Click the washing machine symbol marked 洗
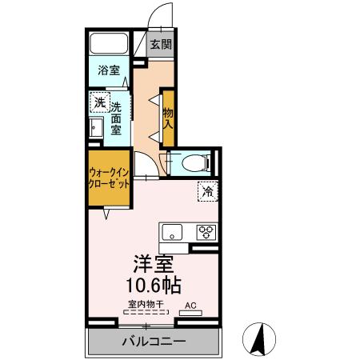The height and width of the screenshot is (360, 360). [x=99, y=103]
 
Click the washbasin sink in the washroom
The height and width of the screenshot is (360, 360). [x=98, y=127]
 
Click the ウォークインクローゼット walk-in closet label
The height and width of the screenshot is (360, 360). [x=109, y=177]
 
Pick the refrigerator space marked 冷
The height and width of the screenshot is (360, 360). [x=207, y=192]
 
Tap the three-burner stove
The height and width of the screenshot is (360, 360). [x=206, y=233]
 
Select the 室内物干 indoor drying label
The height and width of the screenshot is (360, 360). [x=144, y=305]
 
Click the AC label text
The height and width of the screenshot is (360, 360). [x=191, y=305]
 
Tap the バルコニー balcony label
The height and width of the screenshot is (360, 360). [x=154, y=342]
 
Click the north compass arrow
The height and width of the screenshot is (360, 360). [x=259, y=339]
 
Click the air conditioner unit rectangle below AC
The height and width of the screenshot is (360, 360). [x=191, y=314]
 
